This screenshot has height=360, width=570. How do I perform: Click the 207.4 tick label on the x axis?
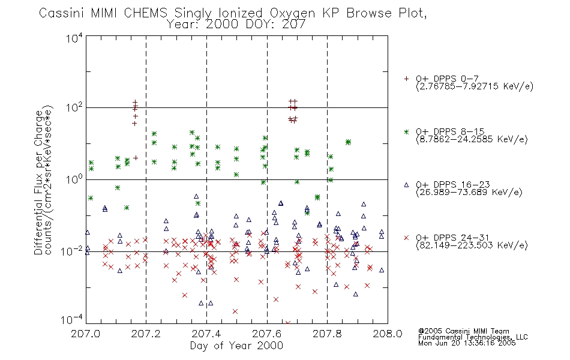coord(206,334)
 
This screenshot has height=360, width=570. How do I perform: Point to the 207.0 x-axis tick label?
coord(86,334)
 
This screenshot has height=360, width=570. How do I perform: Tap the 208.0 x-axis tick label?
coord(388,334)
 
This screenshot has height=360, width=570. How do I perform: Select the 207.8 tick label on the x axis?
coord(327,334)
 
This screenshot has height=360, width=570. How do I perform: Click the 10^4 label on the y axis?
coord(74,38)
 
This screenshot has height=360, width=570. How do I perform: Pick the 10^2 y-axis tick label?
coord(74,107)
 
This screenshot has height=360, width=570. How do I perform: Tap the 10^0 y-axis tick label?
coord(74,179)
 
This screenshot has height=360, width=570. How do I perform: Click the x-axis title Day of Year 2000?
coord(236,346)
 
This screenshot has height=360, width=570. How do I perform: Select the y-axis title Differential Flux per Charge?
coord(38,182)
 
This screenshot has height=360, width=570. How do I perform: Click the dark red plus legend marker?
coord(406,79)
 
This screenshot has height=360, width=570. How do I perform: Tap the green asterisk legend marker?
coord(406,131)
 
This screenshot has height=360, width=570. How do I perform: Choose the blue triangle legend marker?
coord(406,185)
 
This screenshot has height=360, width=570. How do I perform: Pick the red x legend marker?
coord(406,238)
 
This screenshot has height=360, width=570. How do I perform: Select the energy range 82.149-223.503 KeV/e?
coord(472,245)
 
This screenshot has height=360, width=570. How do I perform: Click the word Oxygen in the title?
coord(293,13)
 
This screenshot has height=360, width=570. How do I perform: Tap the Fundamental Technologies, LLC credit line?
coord(473,337)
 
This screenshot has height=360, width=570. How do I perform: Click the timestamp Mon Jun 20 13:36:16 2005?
coord(467,343)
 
